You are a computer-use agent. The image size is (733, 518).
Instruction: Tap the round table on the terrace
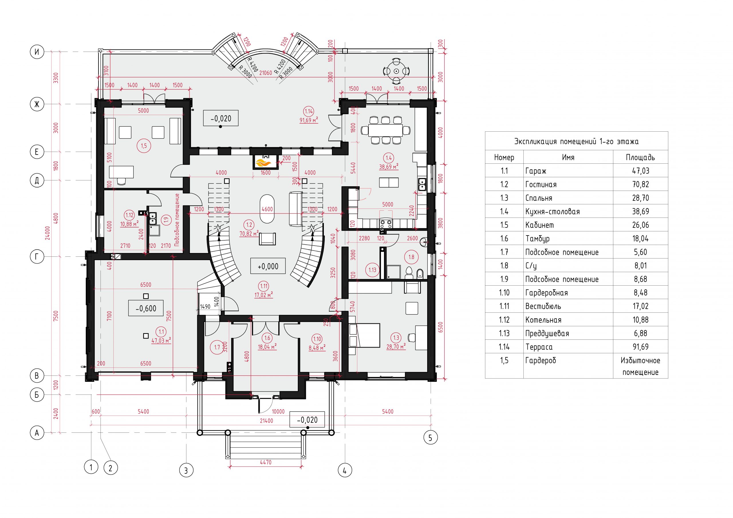(x=396, y=71)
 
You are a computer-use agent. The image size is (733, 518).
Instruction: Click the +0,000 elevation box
(x=267, y=266)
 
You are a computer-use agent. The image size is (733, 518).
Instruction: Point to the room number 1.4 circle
(x=389, y=158)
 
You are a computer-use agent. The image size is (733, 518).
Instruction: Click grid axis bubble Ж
(x=37, y=104)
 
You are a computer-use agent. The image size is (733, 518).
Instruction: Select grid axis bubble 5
(x=430, y=438)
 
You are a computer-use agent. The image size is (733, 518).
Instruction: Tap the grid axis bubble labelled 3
(x=186, y=470)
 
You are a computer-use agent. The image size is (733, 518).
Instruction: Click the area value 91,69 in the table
(x=640, y=347)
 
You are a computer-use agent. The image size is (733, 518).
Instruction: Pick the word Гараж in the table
(x=536, y=171)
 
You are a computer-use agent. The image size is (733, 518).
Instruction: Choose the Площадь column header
(x=640, y=157)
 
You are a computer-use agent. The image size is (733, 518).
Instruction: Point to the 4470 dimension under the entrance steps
(x=265, y=462)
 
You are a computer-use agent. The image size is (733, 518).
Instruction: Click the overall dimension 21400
(x=266, y=421)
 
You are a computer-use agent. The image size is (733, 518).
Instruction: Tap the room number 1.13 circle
(x=372, y=270)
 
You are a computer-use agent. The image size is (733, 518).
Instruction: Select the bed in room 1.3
(x=364, y=335)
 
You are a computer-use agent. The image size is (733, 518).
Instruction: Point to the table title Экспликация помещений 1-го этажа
(x=576, y=141)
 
